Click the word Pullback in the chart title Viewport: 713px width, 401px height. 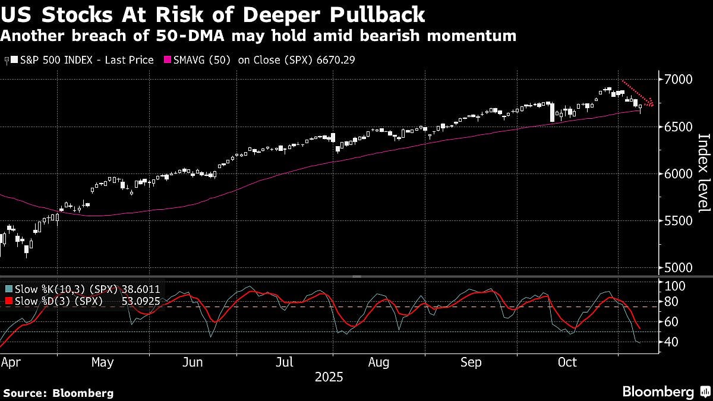(x=374, y=14)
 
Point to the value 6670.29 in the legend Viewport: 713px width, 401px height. (x=334, y=60)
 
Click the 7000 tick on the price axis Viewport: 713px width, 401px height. (x=678, y=80)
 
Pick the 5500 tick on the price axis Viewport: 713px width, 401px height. (x=678, y=221)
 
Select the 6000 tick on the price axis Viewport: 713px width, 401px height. (x=678, y=174)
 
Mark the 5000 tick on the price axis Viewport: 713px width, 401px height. (x=678, y=268)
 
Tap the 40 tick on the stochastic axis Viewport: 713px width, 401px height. (x=672, y=342)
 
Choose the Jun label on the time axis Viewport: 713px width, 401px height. (x=194, y=362)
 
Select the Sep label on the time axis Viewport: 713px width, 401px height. (x=471, y=362)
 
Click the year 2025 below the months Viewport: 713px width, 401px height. (x=329, y=377)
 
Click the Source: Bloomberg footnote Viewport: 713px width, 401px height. (x=58, y=393)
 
